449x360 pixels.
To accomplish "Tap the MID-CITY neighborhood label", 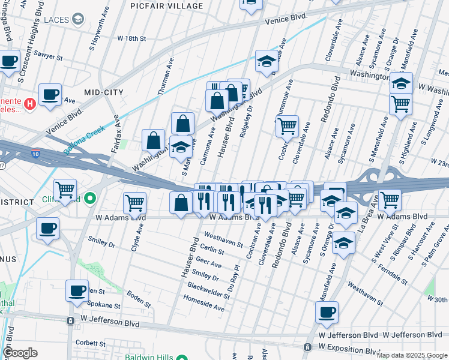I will coord(104,92).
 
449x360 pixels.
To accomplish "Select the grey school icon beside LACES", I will coord(77,20).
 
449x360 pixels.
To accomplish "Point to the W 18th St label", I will coord(131,38).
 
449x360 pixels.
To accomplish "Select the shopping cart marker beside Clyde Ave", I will coord(135,202).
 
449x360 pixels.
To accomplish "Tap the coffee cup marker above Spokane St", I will coord(77,290).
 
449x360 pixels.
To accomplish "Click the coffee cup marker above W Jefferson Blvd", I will coord(327,311).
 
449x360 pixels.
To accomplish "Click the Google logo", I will coord(20,353).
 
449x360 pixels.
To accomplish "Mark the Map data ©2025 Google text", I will coord(412,355).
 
